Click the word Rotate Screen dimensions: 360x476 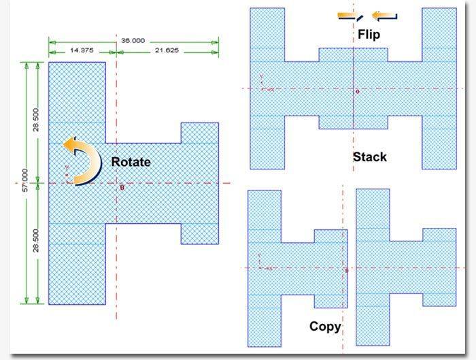click(x=131, y=162)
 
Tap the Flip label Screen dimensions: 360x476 click(x=368, y=34)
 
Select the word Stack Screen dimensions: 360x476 click(x=369, y=157)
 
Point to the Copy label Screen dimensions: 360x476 click(x=325, y=327)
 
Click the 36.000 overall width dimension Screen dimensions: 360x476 click(x=133, y=41)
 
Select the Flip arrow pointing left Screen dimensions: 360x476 click(x=386, y=16)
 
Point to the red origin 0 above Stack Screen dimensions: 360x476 click(x=358, y=91)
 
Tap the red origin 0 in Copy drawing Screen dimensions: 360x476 click(x=347, y=271)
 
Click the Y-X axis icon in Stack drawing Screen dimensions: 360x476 click(x=265, y=86)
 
